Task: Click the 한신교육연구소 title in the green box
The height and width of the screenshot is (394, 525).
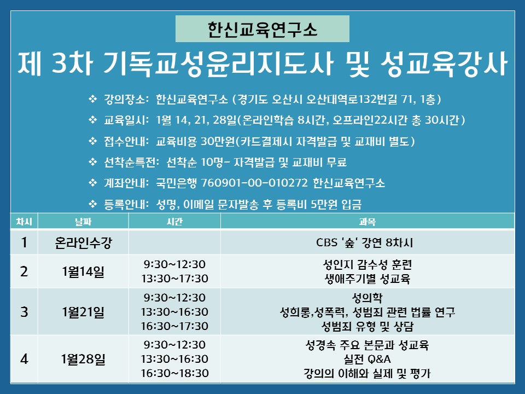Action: click(x=262, y=29)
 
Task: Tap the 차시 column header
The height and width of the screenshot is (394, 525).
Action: click(x=24, y=222)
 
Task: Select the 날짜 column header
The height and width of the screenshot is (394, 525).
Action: click(x=83, y=222)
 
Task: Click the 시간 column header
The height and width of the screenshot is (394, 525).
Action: click(x=174, y=222)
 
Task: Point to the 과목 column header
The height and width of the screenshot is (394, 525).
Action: click(x=367, y=222)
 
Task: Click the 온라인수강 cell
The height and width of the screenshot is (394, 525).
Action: click(x=83, y=242)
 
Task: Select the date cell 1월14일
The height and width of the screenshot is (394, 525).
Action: click(x=83, y=271)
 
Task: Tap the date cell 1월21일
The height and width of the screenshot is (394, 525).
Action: click(x=83, y=312)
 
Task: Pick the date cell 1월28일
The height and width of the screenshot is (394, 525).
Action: click(x=83, y=359)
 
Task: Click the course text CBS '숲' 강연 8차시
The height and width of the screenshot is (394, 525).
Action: click(x=365, y=242)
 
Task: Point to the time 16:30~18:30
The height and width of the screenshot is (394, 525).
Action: click(x=174, y=373)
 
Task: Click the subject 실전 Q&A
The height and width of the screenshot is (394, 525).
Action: click(x=367, y=359)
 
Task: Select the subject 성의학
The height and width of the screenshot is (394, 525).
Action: click(x=367, y=298)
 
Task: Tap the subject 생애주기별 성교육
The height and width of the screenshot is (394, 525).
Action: click(x=367, y=279)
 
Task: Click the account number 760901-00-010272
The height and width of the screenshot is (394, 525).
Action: click(x=254, y=183)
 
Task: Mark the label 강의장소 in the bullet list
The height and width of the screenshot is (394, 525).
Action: click(x=124, y=99)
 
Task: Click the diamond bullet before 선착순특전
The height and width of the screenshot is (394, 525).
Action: click(x=92, y=162)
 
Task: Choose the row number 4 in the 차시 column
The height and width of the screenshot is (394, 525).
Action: click(x=24, y=359)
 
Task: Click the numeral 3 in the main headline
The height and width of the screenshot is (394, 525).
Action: click(x=60, y=63)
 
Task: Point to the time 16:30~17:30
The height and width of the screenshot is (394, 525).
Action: click(x=174, y=326)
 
